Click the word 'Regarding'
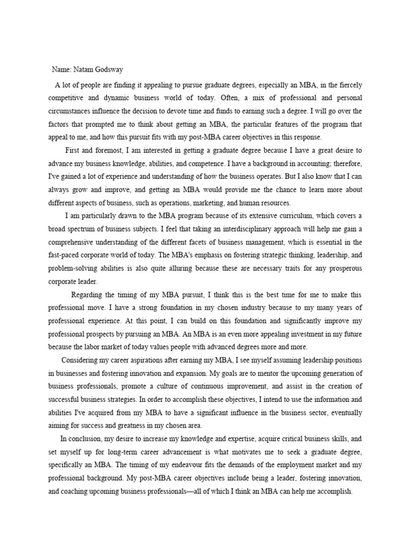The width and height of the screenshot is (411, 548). [88, 294]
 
